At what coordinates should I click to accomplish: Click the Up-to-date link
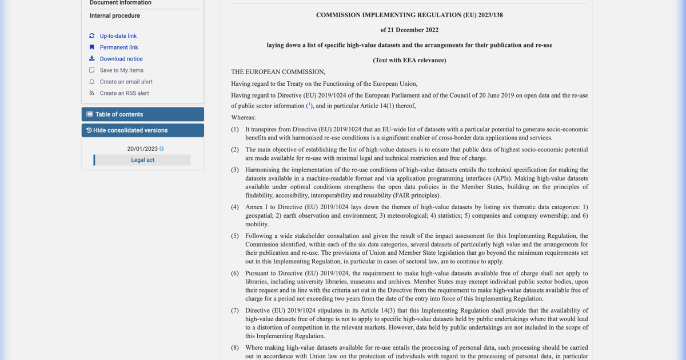click(118, 36)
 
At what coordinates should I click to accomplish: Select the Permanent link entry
click(119, 47)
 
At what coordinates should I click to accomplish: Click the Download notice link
click(121, 59)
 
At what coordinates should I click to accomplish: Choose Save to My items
click(121, 70)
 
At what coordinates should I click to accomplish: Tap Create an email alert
click(126, 82)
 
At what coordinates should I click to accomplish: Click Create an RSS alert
click(124, 93)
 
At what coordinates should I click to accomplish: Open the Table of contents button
click(142, 114)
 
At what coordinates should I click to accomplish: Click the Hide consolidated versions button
click(142, 130)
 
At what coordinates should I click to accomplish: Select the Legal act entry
click(142, 160)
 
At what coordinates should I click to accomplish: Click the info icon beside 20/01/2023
click(162, 149)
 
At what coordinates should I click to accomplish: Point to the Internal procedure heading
click(115, 16)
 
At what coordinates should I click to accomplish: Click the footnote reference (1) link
click(309, 106)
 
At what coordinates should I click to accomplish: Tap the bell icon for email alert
click(91, 82)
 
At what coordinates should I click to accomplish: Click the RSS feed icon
click(91, 93)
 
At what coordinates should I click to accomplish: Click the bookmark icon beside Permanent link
click(91, 47)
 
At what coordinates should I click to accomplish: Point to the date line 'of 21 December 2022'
click(409, 30)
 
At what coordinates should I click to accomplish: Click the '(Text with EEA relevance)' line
click(409, 60)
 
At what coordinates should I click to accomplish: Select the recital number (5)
click(235, 236)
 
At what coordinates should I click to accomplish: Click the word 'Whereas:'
click(244, 118)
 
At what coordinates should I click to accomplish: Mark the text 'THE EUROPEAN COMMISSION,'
click(278, 72)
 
